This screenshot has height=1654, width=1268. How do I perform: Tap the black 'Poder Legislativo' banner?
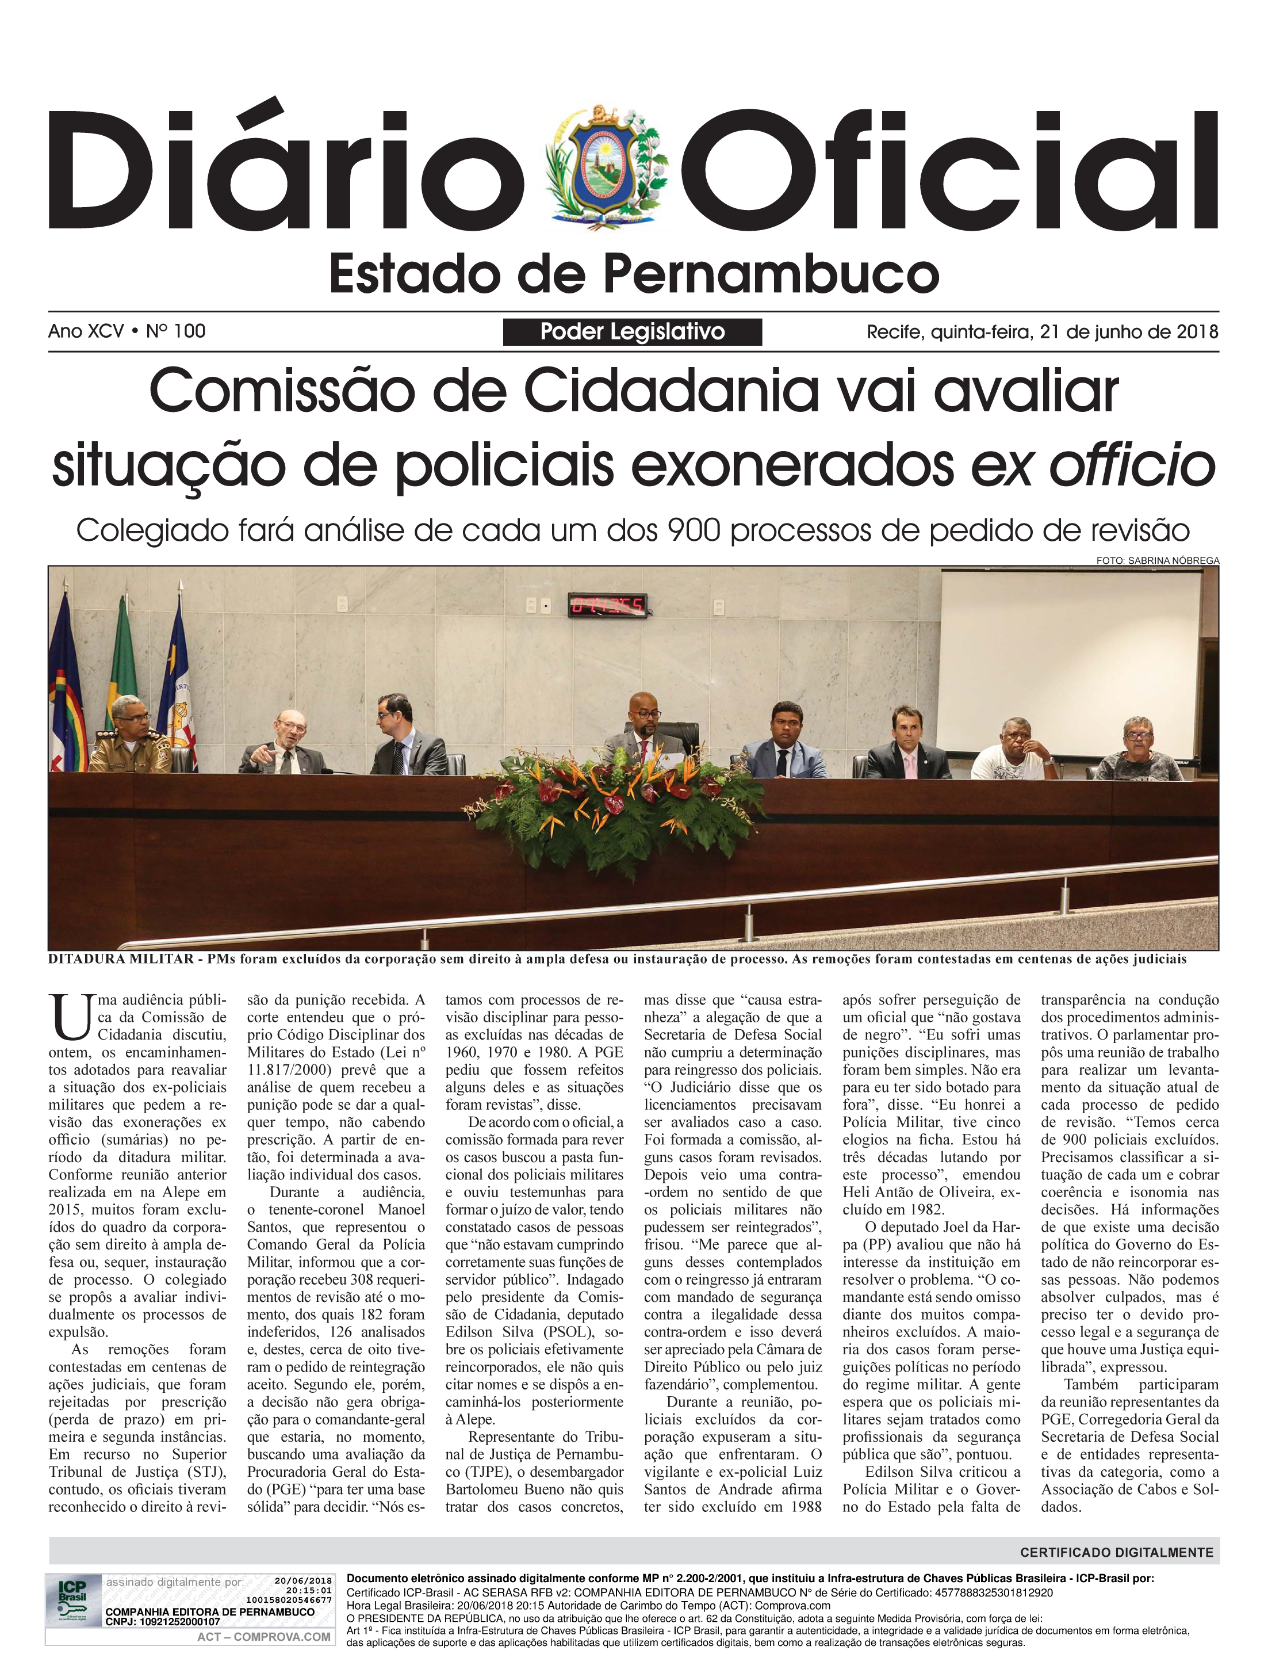pos(633,332)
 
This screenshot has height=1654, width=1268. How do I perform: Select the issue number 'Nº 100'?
pos(176,331)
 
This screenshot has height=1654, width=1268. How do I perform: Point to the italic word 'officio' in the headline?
pos(1132,466)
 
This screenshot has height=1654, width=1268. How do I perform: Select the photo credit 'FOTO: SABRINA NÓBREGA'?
pos(1157,561)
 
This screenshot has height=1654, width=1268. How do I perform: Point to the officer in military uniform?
pos(130,737)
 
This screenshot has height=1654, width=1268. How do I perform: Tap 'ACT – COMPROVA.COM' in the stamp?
pos(263,1637)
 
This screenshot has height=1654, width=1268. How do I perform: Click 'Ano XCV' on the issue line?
pos(86,331)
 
